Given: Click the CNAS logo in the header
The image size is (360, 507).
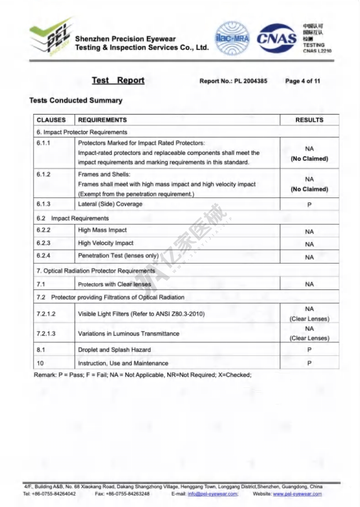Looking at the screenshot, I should click(x=276, y=38).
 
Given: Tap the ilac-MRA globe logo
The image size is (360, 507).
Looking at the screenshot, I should click(x=232, y=38).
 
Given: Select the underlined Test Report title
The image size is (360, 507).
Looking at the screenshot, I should click(x=118, y=80).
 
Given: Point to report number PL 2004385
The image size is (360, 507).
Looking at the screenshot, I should click(x=251, y=81).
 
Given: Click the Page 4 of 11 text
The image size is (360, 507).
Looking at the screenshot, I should click(x=302, y=81).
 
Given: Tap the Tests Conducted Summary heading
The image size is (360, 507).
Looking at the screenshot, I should click(x=76, y=100).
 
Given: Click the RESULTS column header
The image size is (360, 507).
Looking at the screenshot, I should click(x=309, y=120).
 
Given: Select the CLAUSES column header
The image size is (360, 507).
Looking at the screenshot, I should click(x=51, y=120).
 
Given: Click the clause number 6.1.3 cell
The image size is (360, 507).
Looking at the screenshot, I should click(x=44, y=204).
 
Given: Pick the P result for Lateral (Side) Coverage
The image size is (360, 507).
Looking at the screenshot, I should click(x=309, y=205).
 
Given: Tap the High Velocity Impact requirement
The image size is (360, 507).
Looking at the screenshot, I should click(x=105, y=243).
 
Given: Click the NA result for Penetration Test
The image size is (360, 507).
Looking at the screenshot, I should click(x=309, y=257).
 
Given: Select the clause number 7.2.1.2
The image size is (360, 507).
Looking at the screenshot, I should click(x=46, y=314).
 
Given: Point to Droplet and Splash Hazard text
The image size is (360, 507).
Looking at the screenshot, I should click(x=114, y=350).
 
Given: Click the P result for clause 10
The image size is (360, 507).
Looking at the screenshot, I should click(x=309, y=363).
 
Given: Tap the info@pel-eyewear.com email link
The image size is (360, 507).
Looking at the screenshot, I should click(x=213, y=494).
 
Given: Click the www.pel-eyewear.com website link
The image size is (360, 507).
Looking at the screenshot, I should click(x=297, y=494).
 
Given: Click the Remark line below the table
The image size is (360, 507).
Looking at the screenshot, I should click(x=143, y=375).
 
